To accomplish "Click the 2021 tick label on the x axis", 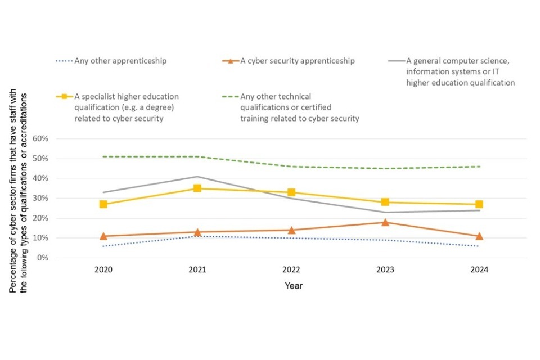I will click(x=197, y=270).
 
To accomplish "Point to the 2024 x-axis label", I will click(x=480, y=270).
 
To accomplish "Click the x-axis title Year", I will click(x=293, y=286).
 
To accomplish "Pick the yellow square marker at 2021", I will click(x=197, y=188).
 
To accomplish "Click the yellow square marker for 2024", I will click(x=479, y=204).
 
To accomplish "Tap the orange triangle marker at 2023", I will click(x=385, y=222).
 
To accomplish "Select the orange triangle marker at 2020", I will click(x=103, y=236).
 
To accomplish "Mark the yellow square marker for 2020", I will click(x=103, y=204).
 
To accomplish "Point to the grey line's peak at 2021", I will click(x=197, y=177).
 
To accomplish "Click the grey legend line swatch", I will click(x=396, y=61).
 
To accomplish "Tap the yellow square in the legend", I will click(x=65, y=96).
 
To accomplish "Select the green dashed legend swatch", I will click(x=230, y=96).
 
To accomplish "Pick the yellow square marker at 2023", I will click(x=385, y=202).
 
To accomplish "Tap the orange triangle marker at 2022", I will click(x=291, y=230).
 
